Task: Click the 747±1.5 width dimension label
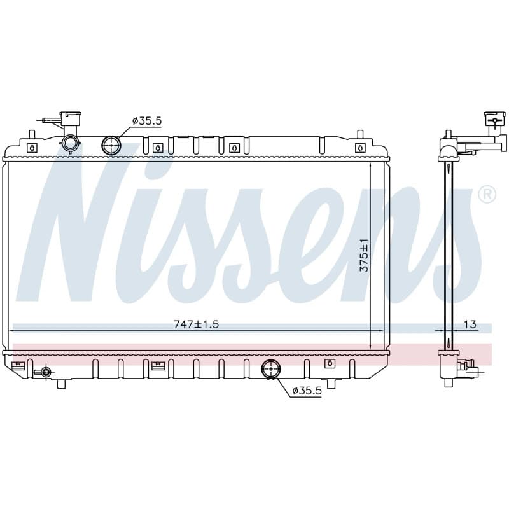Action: tap(197, 324)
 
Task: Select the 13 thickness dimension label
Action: tap(470, 324)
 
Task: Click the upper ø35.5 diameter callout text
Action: tap(147, 121)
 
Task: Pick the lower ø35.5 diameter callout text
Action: tap(307, 391)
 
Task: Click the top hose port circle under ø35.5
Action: tap(111, 145)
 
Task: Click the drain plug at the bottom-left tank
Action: tap(46, 372)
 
